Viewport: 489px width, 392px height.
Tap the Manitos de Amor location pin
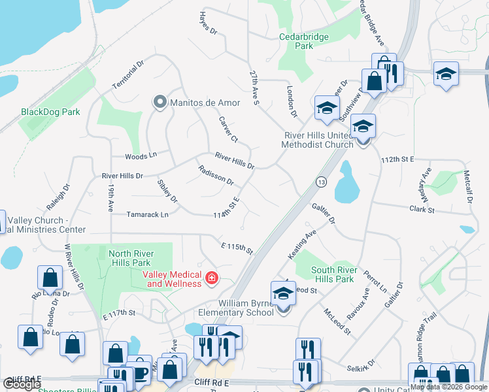[x=159, y=102]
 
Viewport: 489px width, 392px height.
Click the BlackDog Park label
[x=50, y=112]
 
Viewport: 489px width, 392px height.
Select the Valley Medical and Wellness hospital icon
[x=211, y=279]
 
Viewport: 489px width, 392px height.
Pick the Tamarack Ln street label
[x=147, y=214]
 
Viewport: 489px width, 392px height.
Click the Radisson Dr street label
[x=215, y=174]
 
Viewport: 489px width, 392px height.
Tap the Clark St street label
[x=422, y=210]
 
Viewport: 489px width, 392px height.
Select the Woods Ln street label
[x=141, y=156]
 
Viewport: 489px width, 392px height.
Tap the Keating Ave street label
[x=302, y=242]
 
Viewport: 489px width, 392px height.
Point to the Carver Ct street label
[x=228, y=130]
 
